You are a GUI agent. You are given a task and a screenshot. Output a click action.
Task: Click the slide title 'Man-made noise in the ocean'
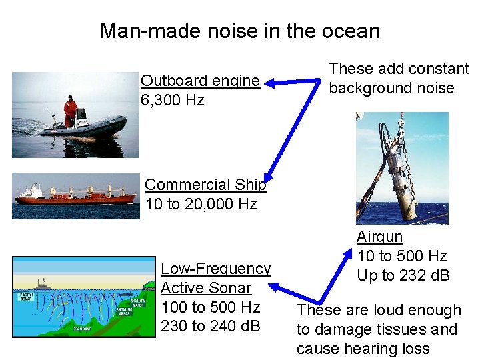coord(240,31)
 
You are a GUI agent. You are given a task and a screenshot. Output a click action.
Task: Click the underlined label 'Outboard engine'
coord(200,81)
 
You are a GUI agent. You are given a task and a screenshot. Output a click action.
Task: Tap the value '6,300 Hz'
coord(173,100)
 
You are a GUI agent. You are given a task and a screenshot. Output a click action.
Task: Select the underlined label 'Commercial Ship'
coord(205,185)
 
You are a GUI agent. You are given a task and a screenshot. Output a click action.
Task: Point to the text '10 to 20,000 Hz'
coord(201,204)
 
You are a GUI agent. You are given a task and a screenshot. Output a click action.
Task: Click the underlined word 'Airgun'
coord(379,237)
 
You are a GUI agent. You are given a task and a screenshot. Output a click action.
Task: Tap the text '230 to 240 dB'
coord(210,327)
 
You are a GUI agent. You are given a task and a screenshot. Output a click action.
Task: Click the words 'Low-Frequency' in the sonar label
coord(215,269)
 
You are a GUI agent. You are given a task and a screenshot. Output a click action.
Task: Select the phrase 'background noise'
coord(391,88)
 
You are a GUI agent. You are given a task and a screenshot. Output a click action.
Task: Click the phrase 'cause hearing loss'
coord(363,349)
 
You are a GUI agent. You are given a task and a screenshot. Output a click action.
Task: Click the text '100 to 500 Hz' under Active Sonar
coord(211,307)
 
